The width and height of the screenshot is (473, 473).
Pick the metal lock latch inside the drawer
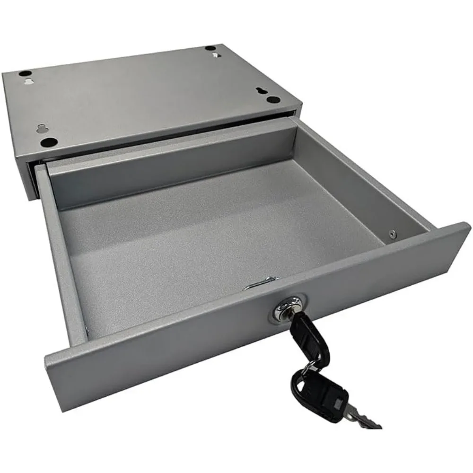pos(258,283)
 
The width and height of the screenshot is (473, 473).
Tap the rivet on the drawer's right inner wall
pos(392,232)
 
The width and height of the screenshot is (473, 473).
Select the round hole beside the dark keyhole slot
pos(273,100)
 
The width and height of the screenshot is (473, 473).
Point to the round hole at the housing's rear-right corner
pos(209,49)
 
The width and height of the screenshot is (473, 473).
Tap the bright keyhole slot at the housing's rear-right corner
pos(217,56)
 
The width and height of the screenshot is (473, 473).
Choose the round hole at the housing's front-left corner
pos(49,142)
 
